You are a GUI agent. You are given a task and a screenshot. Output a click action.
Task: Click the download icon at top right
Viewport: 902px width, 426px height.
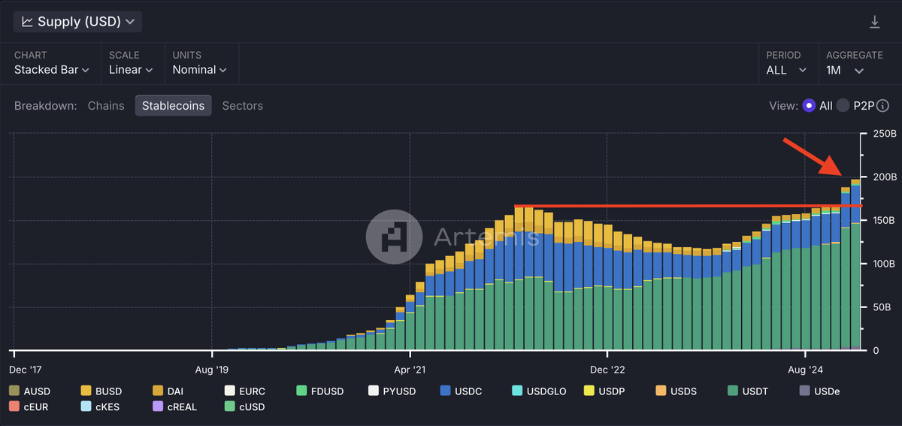[874, 23]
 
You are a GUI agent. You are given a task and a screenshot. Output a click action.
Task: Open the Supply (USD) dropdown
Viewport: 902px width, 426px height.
[77, 22]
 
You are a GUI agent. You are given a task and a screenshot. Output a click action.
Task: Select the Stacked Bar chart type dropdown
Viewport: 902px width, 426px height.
[51, 70]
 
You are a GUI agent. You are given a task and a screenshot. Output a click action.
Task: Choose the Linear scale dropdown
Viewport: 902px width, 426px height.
[131, 70]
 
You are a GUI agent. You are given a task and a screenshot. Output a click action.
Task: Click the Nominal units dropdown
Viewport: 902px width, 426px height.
[199, 70]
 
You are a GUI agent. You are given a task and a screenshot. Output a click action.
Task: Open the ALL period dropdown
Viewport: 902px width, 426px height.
[786, 70]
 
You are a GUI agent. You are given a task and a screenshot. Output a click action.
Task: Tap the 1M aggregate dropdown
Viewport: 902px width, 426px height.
[845, 70]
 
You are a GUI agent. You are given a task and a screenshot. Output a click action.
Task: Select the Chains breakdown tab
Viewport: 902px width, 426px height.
[106, 106]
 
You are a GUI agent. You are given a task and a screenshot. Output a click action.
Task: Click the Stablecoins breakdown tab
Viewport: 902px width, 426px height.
[173, 106]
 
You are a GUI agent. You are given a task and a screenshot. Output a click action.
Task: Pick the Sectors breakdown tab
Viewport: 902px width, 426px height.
[243, 106]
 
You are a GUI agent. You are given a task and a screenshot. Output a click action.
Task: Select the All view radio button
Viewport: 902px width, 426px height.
[809, 106]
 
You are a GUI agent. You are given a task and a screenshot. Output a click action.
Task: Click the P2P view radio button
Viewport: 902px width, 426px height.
[843, 106]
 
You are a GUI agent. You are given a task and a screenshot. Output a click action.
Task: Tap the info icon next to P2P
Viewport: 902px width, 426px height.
[883, 106]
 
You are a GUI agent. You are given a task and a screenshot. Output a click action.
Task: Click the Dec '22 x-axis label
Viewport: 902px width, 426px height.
[607, 370]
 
